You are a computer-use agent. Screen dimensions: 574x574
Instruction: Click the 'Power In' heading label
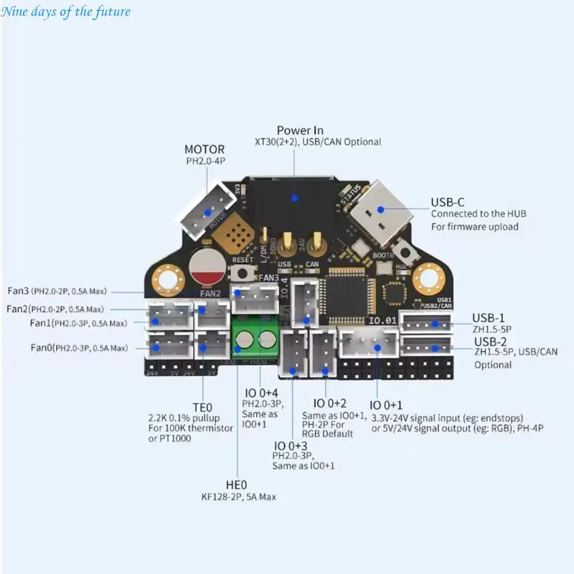(x=299, y=130)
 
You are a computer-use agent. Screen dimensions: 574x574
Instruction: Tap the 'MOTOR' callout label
(x=204, y=149)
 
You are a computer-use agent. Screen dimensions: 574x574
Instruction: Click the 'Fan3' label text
(x=17, y=291)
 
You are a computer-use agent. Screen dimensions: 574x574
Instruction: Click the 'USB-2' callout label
(x=490, y=341)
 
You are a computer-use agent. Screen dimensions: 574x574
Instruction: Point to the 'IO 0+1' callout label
(x=387, y=405)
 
